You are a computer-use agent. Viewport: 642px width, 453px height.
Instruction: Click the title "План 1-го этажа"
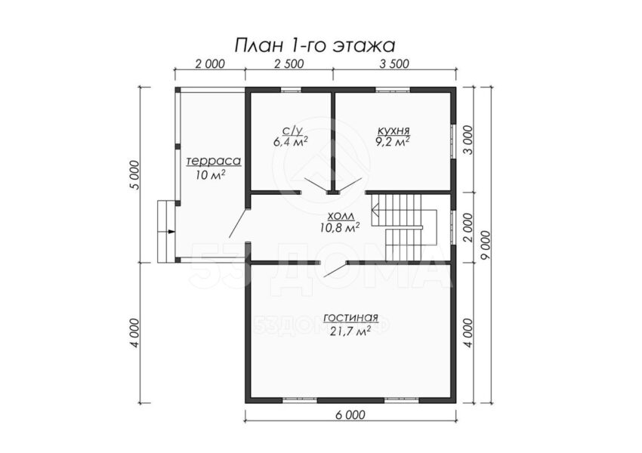tap(314, 45)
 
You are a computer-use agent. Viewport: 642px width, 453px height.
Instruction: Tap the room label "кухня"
tap(394, 131)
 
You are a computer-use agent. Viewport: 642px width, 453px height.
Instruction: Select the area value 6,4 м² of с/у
tap(291, 142)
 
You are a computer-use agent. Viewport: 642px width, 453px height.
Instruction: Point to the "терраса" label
tap(214, 162)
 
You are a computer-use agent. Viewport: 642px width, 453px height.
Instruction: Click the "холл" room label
tap(340, 216)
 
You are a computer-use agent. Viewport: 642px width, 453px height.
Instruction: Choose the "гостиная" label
tap(350, 318)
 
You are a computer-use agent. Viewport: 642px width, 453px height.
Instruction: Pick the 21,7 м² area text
tap(350, 331)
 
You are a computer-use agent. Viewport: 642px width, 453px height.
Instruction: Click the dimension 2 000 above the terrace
tap(210, 64)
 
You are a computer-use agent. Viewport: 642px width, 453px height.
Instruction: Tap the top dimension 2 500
tap(289, 64)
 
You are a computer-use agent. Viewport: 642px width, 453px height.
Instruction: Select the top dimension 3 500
tap(394, 64)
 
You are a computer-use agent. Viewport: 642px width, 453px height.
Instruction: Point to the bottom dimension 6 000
tap(350, 415)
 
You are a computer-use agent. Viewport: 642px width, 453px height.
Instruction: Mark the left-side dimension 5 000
tap(135, 174)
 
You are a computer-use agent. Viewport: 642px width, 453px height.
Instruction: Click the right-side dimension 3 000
tap(468, 140)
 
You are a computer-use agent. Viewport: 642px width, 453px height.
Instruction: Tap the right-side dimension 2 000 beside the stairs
tap(468, 227)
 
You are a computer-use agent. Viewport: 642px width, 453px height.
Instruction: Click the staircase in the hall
tap(404, 227)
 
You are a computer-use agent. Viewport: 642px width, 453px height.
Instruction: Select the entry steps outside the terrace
tap(167, 231)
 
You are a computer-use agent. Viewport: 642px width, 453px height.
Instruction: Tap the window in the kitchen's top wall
tap(393, 90)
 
